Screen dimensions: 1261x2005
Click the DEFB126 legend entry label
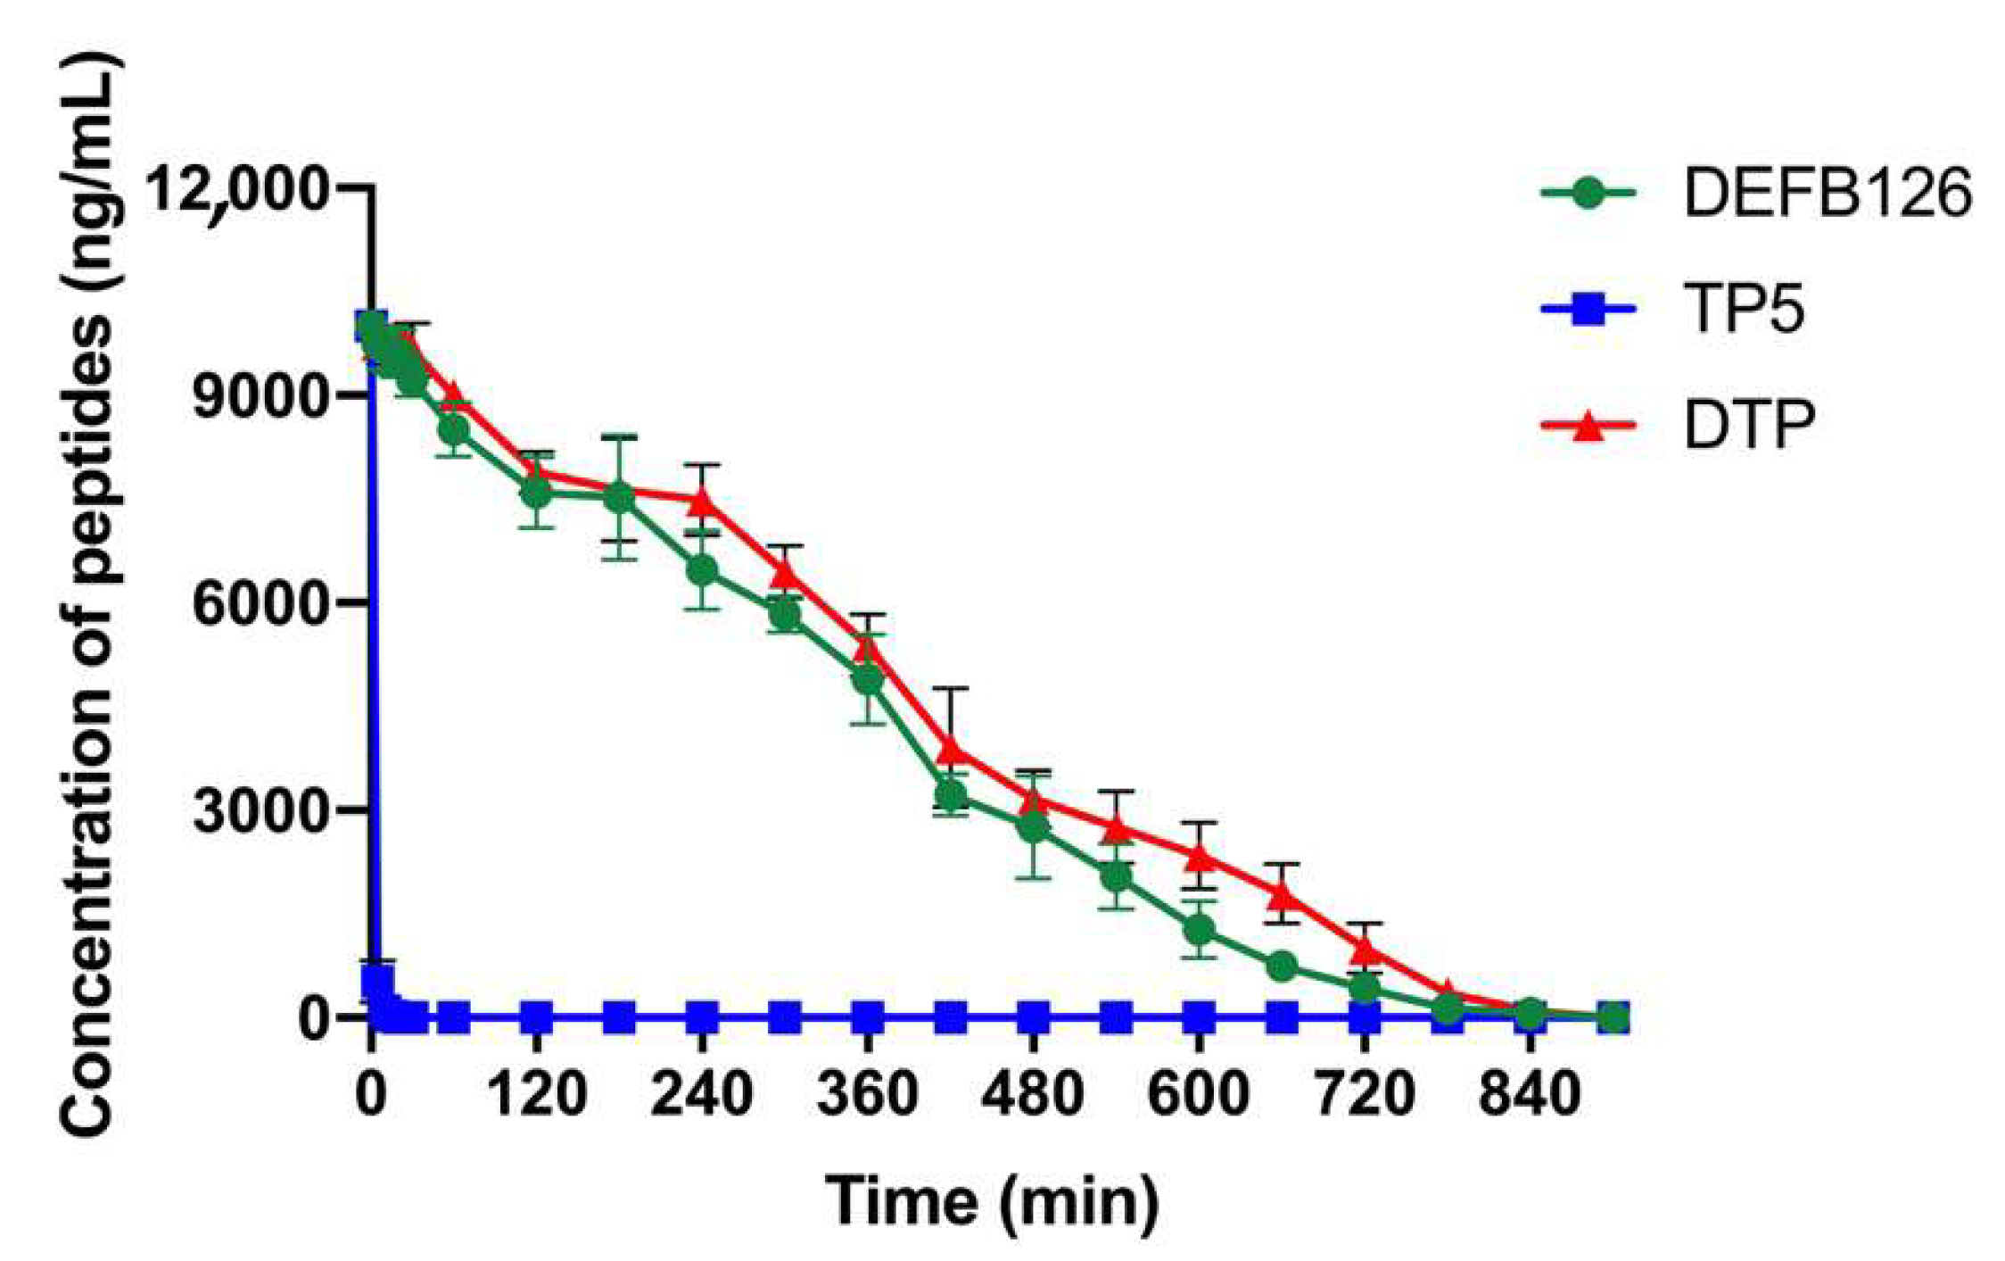pos(1827,194)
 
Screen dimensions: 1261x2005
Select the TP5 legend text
pos(1744,310)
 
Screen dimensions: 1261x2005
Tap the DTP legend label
pos(1749,426)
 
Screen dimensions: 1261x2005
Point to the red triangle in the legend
pos(1588,427)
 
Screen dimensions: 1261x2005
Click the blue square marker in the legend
pos(1588,311)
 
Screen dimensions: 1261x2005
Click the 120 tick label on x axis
pos(537,1093)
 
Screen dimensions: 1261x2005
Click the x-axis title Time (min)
pos(992,1201)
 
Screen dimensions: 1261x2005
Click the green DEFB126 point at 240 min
pos(703,570)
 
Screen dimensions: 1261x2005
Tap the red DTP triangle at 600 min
pos(1200,857)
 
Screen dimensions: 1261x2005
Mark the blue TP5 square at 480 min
pos(1034,1016)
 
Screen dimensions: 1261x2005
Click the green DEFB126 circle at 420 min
pos(951,794)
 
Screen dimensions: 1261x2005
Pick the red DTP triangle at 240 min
pos(703,502)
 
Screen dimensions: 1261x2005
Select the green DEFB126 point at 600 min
pos(1200,930)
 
